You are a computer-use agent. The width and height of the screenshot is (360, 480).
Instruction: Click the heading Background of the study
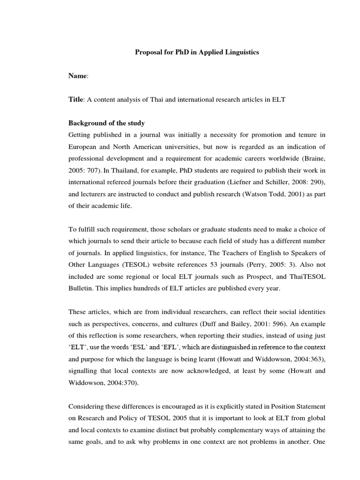(x=107, y=123)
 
